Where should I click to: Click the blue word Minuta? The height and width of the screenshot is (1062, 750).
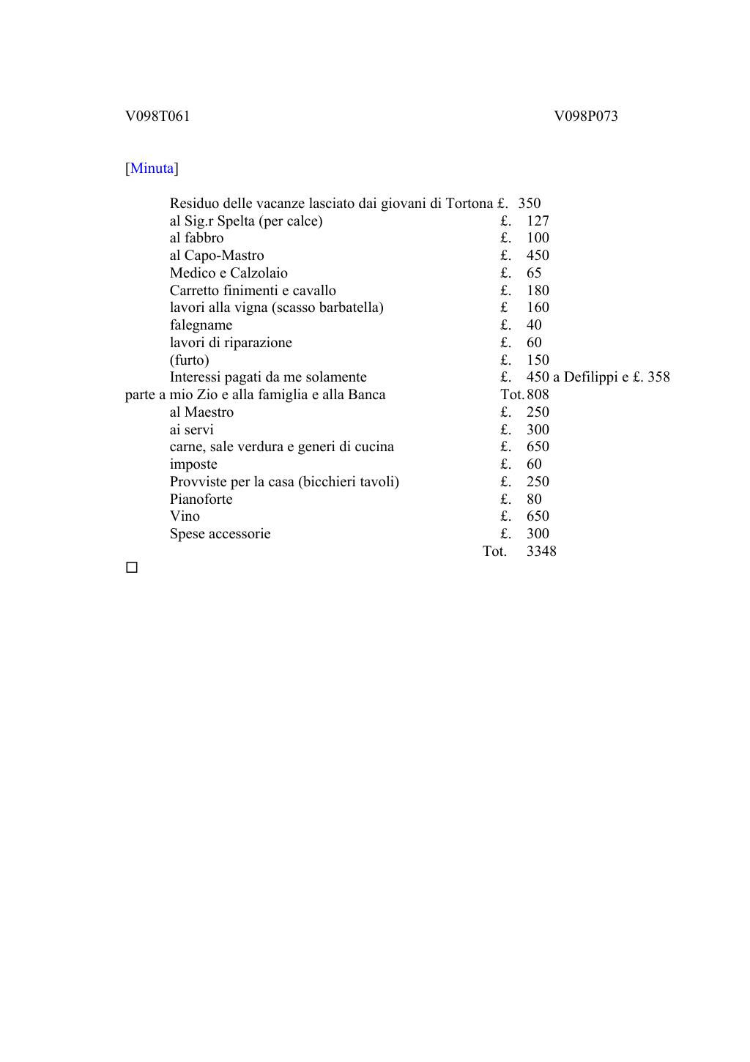coord(152,168)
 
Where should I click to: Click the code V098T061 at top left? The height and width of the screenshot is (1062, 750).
coord(157,116)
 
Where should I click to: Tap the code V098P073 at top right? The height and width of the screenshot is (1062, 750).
coord(586,116)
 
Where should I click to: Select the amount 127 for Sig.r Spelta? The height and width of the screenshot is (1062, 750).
coord(538,221)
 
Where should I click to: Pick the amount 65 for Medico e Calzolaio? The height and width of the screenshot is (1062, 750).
coord(534,273)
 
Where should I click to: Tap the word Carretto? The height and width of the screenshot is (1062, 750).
coord(194,291)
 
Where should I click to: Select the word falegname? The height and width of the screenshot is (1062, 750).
coord(201,325)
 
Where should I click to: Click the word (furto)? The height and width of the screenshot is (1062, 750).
coord(189,360)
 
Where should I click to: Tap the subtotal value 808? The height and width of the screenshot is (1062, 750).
coord(538,395)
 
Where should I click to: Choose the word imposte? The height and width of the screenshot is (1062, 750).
coord(193,464)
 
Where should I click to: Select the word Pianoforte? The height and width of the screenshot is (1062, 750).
coord(201,500)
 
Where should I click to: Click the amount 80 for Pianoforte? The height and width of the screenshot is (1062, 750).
coord(534,500)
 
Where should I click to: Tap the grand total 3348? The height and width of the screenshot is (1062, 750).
coord(541,552)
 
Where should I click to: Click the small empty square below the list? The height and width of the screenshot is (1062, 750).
coord(132,568)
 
